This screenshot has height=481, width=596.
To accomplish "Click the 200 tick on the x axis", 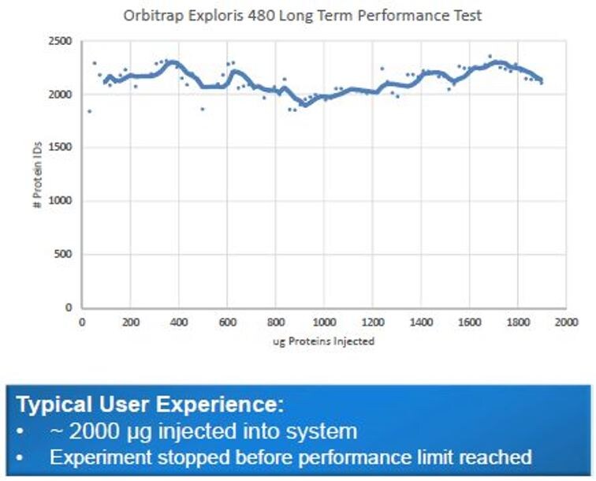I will (x=131, y=322).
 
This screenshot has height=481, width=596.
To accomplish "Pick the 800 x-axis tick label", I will (x=276, y=322).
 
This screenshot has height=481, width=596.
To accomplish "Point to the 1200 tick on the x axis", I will (x=372, y=322).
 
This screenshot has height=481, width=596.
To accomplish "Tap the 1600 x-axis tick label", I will (x=469, y=322).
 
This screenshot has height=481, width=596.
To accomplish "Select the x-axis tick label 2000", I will (x=565, y=322).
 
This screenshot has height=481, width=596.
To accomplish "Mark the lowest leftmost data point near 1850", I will (x=89, y=111).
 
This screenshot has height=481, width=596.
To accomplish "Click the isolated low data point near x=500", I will (x=203, y=109).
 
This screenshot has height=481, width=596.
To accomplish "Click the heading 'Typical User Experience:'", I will (x=150, y=406).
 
